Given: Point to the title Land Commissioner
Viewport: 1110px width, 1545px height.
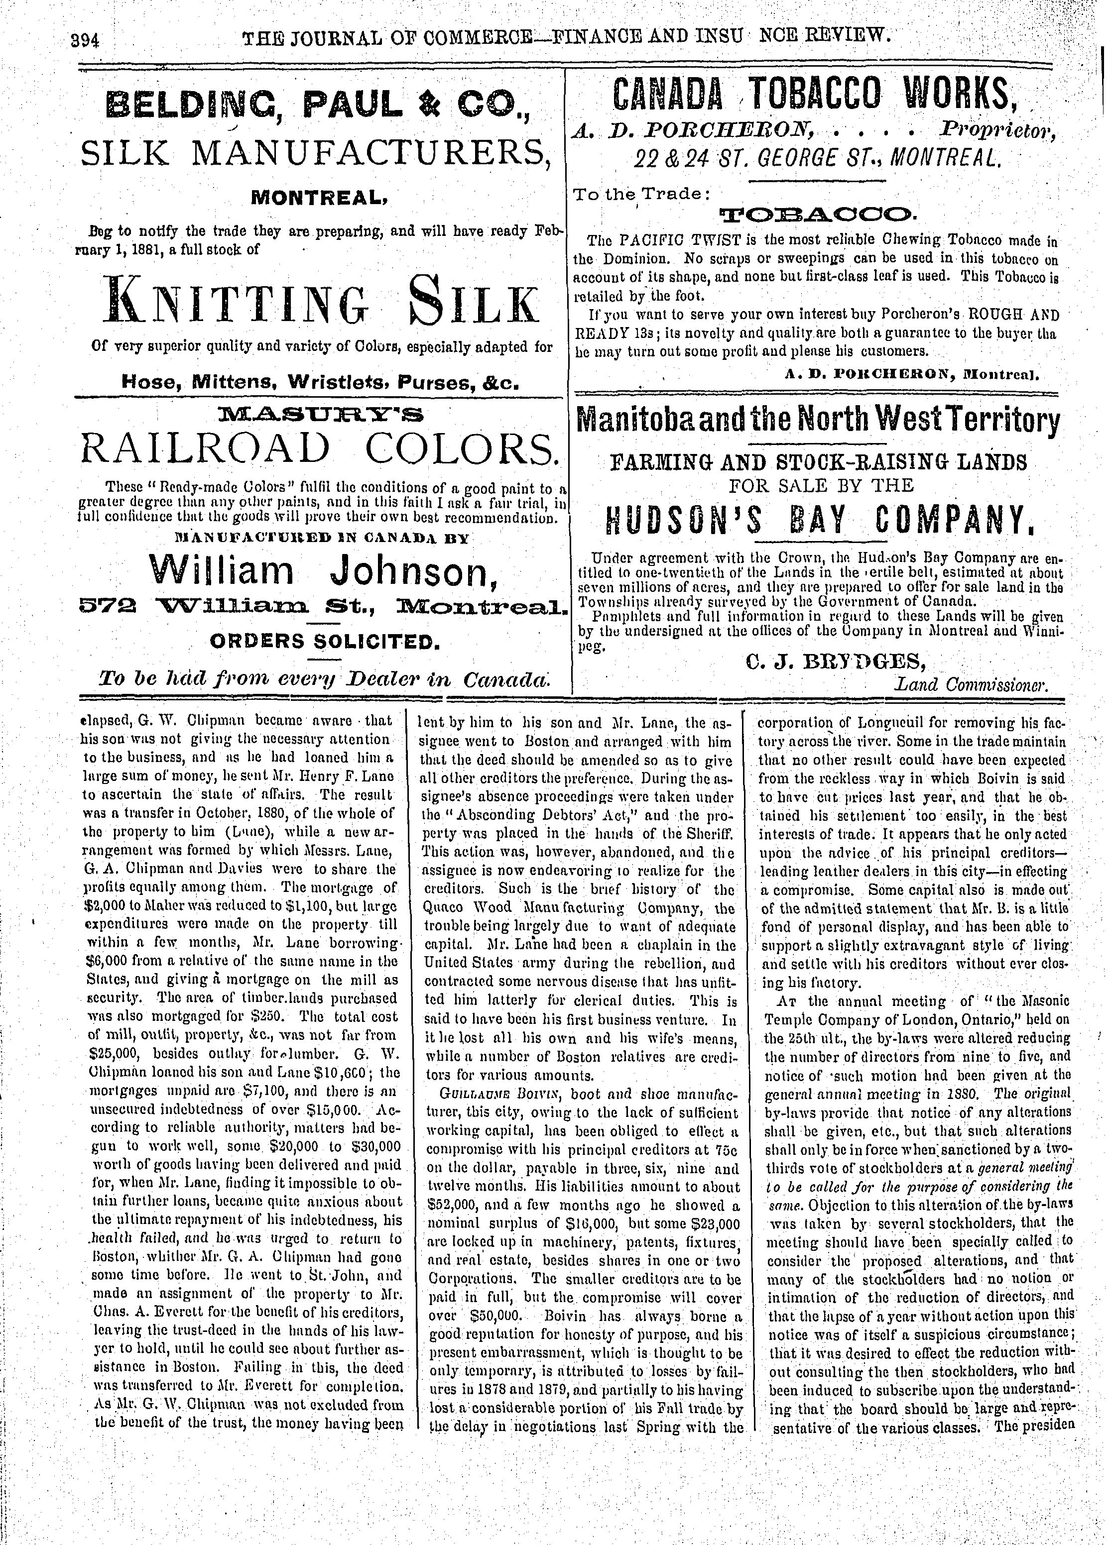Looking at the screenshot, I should point(970,684).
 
